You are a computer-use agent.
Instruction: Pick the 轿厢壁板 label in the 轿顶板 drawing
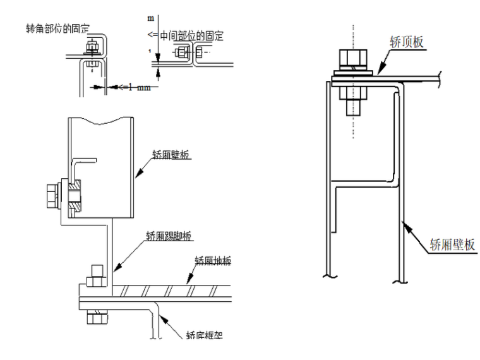tap(451, 244)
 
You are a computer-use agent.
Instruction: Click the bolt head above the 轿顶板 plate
tap(352, 61)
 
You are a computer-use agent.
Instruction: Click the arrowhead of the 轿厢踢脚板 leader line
tap(116, 271)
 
